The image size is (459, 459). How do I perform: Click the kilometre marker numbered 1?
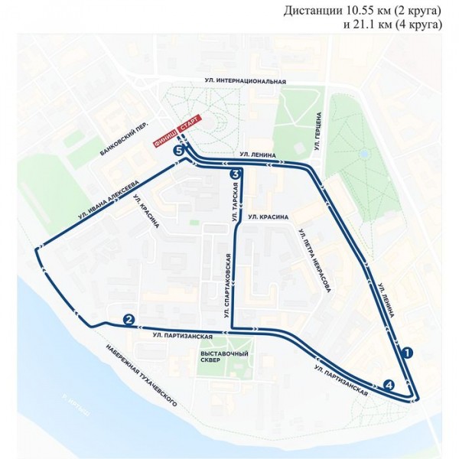pos(408,353)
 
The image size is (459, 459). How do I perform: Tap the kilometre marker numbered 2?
pos(129,320)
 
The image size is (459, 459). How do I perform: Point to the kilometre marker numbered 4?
pos(389,386)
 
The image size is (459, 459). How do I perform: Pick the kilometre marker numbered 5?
pos(179,152)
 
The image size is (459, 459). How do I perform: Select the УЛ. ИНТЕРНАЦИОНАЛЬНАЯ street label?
pos(245,81)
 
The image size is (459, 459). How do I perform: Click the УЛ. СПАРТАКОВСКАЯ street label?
pos(227,285)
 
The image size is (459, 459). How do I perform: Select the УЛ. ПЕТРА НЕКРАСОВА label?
pos(314,260)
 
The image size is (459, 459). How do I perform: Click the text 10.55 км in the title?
pos(347,10)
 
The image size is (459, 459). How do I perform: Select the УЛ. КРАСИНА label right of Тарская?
pos(268,217)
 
